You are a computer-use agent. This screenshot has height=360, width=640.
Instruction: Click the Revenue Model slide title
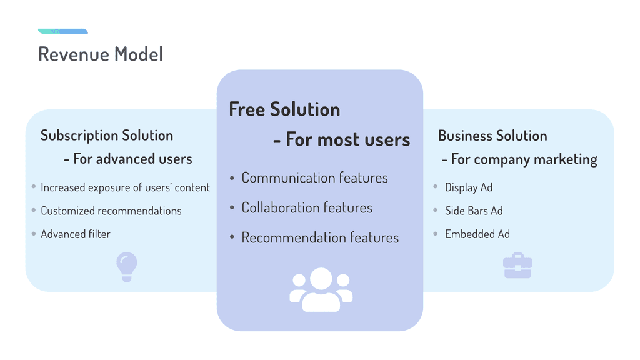pyautogui.click(x=100, y=54)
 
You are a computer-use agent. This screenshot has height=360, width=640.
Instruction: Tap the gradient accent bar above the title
pyautogui.click(x=62, y=31)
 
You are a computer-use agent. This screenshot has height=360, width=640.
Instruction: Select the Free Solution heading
pyautogui.click(x=284, y=109)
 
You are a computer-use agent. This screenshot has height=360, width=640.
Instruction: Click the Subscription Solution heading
pyautogui.click(x=106, y=136)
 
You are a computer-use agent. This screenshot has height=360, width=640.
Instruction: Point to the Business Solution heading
pyautogui.click(x=492, y=136)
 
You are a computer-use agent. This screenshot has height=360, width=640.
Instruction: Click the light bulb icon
pyautogui.click(x=127, y=267)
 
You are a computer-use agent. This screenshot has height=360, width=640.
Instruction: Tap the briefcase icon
pyautogui.click(x=517, y=267)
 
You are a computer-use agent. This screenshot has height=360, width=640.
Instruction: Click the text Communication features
pyautogui.click(x=314, y=178)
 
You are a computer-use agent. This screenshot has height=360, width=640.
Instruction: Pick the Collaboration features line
pyautogui.click(x=307, y=208)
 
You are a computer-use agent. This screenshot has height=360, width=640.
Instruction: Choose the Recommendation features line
pyautogui.click(x=320, y=238)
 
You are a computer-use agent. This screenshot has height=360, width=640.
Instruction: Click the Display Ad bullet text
pyautogui.click(x=469, y=187)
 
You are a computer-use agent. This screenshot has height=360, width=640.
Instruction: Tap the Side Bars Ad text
pyautogui.click(x=474, y=211)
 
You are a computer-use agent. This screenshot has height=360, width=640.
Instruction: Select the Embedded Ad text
pyautogui.click(x=477, y=234)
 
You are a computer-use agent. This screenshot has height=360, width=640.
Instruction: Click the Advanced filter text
pyautogui.click(x=76, y=234)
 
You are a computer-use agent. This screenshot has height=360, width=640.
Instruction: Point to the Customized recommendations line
pyautogui.click(x=111, y=211)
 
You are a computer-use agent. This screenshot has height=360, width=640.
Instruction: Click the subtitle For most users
pyautogui.click(x=342, y=139)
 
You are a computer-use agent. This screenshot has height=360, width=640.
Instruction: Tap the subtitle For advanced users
pyautogui.click(x=128, y=159)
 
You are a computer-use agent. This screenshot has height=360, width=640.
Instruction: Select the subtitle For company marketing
pyautogui.click(x=519, y=159)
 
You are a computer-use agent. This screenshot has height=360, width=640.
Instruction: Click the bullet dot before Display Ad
pyautogui.click(x=436, y=187)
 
